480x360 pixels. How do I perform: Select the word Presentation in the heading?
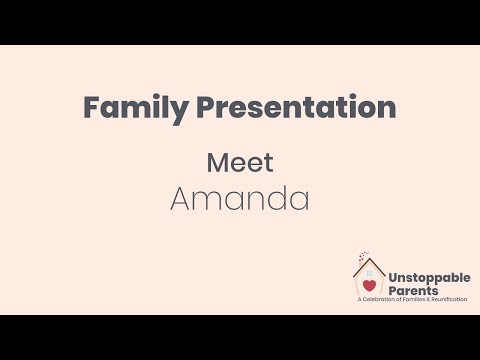[294, 107]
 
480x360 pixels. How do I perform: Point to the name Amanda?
[239, 197]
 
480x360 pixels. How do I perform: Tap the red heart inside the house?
[369, 285]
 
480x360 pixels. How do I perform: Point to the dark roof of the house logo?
[369, 262]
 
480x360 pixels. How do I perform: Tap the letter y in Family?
[175, 110]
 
